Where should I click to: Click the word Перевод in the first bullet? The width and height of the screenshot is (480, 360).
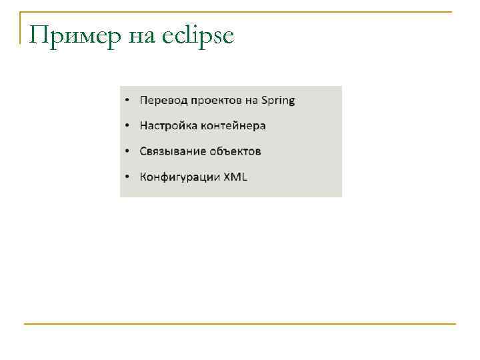tap(163, 101)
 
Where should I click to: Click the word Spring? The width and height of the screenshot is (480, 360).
tap(278, 101)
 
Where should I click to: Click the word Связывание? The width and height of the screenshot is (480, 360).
tap(172, 151)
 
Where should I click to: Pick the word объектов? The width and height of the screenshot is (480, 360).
tap(235, 151)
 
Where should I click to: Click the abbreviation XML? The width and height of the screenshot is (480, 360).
tap(235, 177)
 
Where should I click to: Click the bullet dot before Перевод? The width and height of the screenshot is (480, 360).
tap(127, 101)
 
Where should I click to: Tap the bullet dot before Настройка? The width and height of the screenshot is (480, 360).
tap(127, 126)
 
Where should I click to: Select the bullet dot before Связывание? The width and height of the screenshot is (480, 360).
tap(127, 151)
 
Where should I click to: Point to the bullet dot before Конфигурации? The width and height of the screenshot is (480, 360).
tap(127, 177)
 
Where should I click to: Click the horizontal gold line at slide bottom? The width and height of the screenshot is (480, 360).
tap(240, 324)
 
